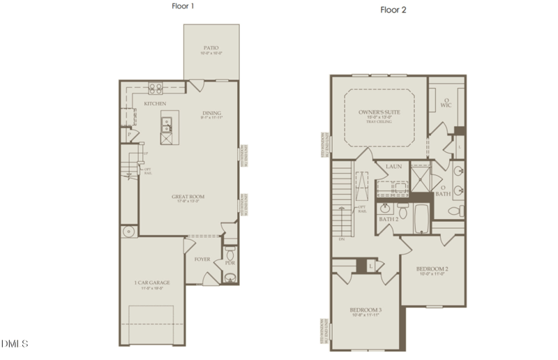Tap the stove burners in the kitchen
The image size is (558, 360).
point(156,89)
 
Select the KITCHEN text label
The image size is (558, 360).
point(155,104)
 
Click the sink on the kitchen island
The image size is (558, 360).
point(167,124)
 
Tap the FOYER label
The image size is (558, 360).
point(202,259)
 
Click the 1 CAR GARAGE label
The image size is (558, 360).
point(152,283)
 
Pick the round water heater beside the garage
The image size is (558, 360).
point(129,232)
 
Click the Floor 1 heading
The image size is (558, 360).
point(182,6)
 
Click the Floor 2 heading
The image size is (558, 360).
point(393,10)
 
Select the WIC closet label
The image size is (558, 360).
point(446,104)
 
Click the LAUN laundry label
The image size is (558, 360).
point(393,167)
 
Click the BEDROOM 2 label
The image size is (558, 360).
point(432,269)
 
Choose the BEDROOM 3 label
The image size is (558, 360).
point(365,309)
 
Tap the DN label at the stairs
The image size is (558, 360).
point(342,239)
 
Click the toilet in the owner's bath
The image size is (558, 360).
point(454,210)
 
